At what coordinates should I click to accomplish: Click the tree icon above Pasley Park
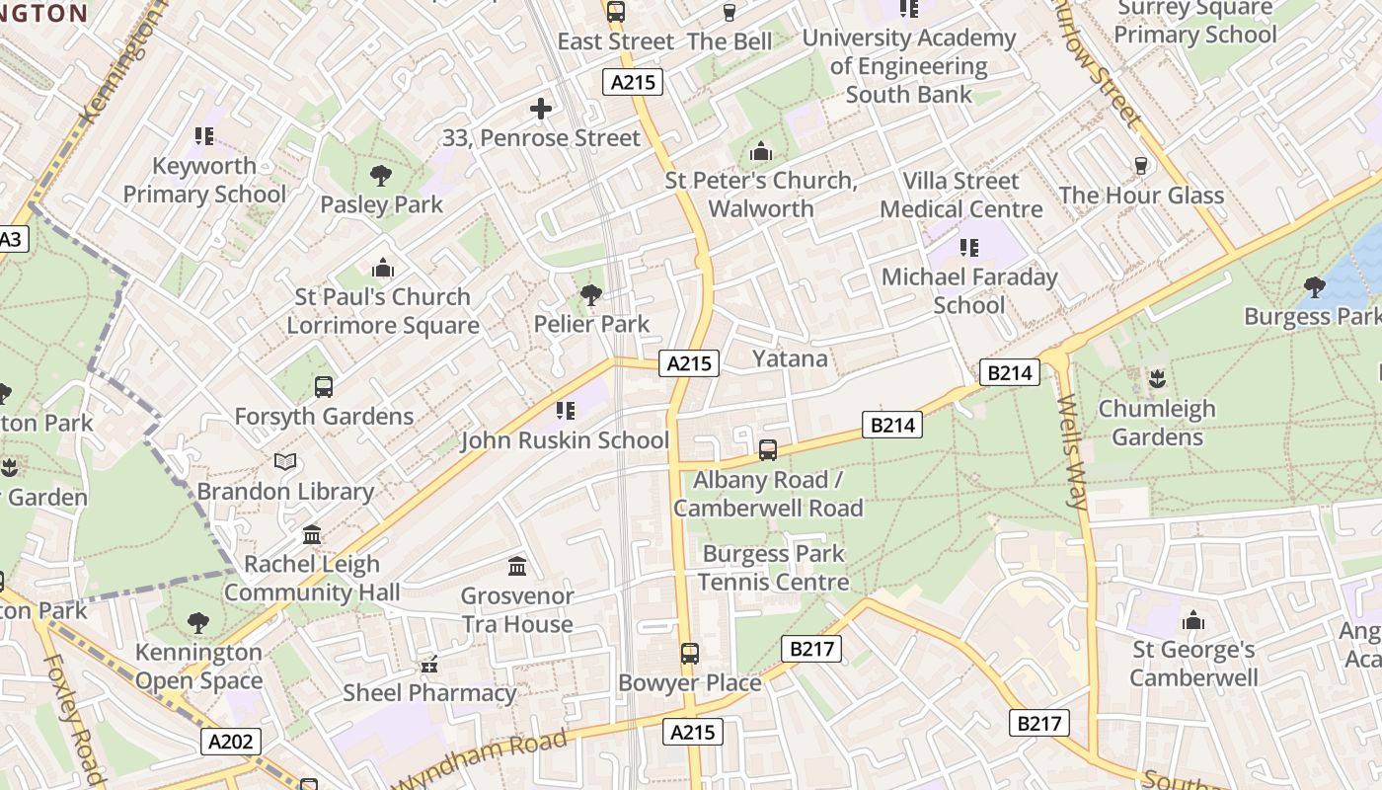point(380,176)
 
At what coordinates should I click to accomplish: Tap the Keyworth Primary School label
point(204,180)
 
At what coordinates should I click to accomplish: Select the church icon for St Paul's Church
point(383,268)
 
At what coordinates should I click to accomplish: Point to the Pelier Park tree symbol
point(591,294)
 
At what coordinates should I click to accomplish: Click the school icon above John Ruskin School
point(565,410)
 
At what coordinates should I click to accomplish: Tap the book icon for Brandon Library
point(285,461)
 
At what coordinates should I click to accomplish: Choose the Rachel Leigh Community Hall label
point(312,579)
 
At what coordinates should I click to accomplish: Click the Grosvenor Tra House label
point(517,610)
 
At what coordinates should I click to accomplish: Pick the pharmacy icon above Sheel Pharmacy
point(428,665)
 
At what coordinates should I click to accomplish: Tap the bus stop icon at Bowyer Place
point(690,654)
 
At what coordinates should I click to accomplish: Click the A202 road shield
point(232,742)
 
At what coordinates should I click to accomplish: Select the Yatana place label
point(790,358)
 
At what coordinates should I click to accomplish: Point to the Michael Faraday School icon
point(968,247)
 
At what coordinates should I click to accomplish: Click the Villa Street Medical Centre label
point(960,195)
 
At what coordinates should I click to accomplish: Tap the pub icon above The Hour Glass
point(1142,165)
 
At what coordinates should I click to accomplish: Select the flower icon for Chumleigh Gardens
point(1157,378)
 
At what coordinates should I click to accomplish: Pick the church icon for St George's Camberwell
point(1193,620)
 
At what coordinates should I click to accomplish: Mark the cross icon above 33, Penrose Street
point(541,109)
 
